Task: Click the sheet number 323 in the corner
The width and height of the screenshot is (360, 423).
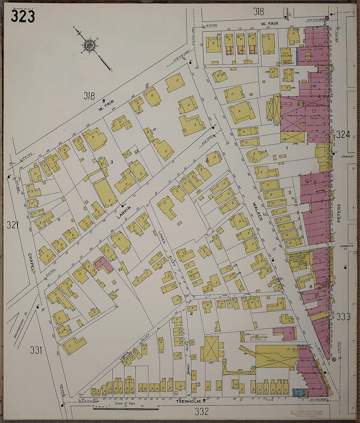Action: [x=23, y=16]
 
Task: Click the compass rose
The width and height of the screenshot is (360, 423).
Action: [x=89, y=45]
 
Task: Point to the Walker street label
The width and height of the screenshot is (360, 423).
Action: [x=258, y=211]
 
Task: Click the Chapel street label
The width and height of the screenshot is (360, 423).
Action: [x=31, y=263]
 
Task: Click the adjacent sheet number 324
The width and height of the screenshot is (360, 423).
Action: [x=343, y=135]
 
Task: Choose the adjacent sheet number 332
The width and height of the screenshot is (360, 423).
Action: [x=201, y=412]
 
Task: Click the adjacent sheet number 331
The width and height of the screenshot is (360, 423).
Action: [x=36, y=350]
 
